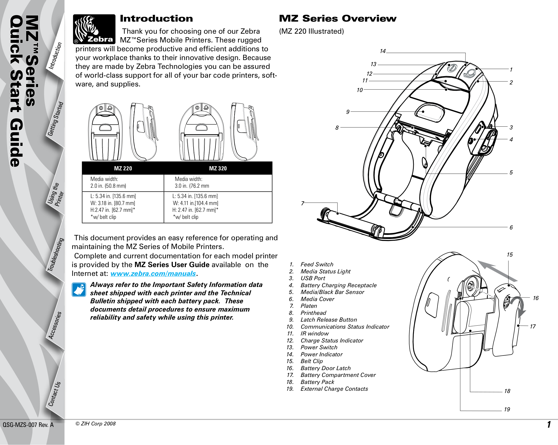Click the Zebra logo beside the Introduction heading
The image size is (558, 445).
click(94, 29)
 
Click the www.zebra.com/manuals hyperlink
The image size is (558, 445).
click(153, 273)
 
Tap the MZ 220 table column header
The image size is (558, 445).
click(123, 168)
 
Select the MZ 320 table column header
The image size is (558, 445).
click(218, 168)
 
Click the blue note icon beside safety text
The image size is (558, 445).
click(79, 289)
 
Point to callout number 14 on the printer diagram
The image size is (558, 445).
click(383, 51)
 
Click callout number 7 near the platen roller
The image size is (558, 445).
click(303, 203)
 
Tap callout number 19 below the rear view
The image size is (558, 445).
click(507, 409)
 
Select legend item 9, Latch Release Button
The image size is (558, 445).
click(329, 320)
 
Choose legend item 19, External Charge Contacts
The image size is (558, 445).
click(334, 389)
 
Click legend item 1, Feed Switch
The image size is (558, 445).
click(317, 264)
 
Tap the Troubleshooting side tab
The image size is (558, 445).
click(55, 255)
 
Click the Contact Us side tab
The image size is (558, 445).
click(54, 394)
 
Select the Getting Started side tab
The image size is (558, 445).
click(55, 119)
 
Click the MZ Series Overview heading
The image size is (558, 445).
click(338, 19)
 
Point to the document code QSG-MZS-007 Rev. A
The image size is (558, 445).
click(28, 425)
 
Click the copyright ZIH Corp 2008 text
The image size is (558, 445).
click(96, 424)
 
